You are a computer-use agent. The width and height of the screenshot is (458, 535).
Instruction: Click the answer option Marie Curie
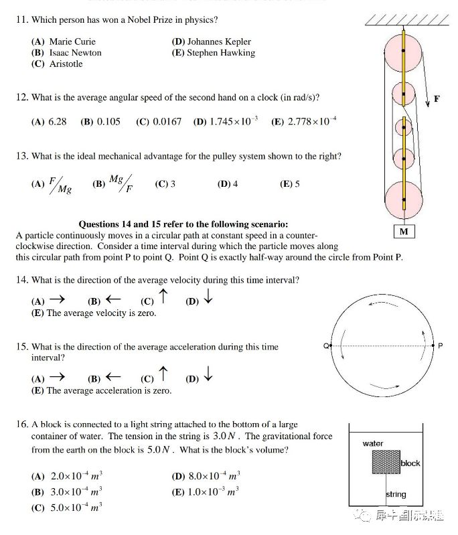coord(72,42)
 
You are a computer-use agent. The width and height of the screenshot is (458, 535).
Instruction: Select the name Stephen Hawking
coord(221,53)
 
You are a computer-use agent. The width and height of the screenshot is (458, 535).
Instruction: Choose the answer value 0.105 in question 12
coord(108,122)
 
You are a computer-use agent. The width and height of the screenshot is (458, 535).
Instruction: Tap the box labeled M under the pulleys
coord(404,232)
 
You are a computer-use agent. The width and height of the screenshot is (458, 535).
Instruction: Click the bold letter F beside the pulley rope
coord(437,99)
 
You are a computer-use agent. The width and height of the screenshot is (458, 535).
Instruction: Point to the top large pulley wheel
coord(404,50)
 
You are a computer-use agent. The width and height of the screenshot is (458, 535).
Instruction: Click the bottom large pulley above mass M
coord(404,200)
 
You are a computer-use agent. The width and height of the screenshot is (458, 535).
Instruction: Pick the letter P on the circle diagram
coord(441,346)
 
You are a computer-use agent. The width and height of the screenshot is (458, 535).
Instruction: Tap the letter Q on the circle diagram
coord(325,346)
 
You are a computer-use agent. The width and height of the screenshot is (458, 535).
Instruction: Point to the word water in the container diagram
coord(373,443)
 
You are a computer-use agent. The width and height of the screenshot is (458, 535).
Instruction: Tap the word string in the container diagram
coord(396,495)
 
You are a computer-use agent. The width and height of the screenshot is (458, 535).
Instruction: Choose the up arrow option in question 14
coord(163,298)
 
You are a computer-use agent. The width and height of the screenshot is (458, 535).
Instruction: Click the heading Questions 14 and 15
coord(188,224)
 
